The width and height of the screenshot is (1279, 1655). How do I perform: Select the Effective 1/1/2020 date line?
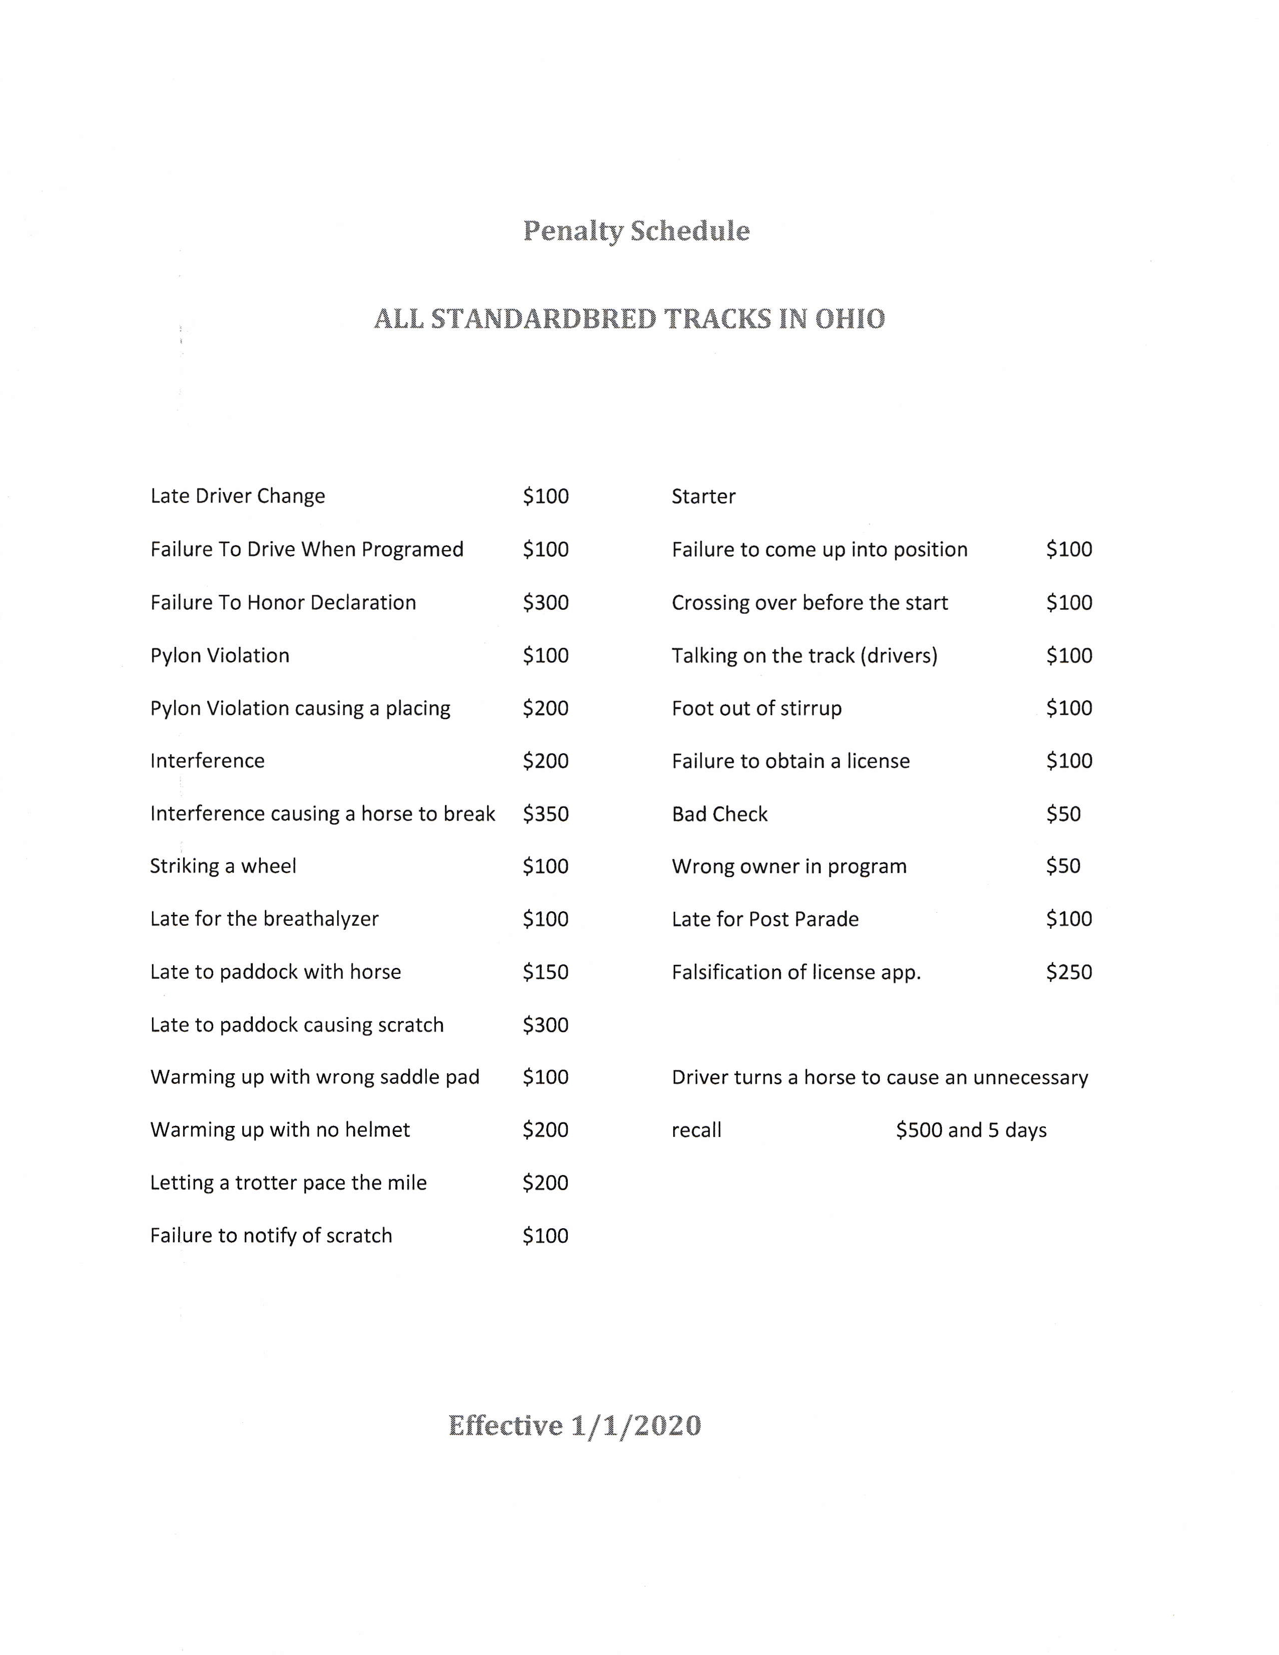pos(574,1425)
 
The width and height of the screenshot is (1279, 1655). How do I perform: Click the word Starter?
pos(703,497)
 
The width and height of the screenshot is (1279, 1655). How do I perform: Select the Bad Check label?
pos(719,814)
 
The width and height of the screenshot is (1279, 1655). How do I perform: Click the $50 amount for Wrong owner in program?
pos(1063,866)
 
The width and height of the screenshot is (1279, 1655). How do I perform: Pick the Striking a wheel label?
pos(223,866)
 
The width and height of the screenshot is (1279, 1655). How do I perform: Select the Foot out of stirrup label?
pos(756,709)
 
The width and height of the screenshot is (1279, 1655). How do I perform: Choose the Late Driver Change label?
pos(237,496)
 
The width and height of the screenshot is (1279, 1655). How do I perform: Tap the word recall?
pos(696,1130)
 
